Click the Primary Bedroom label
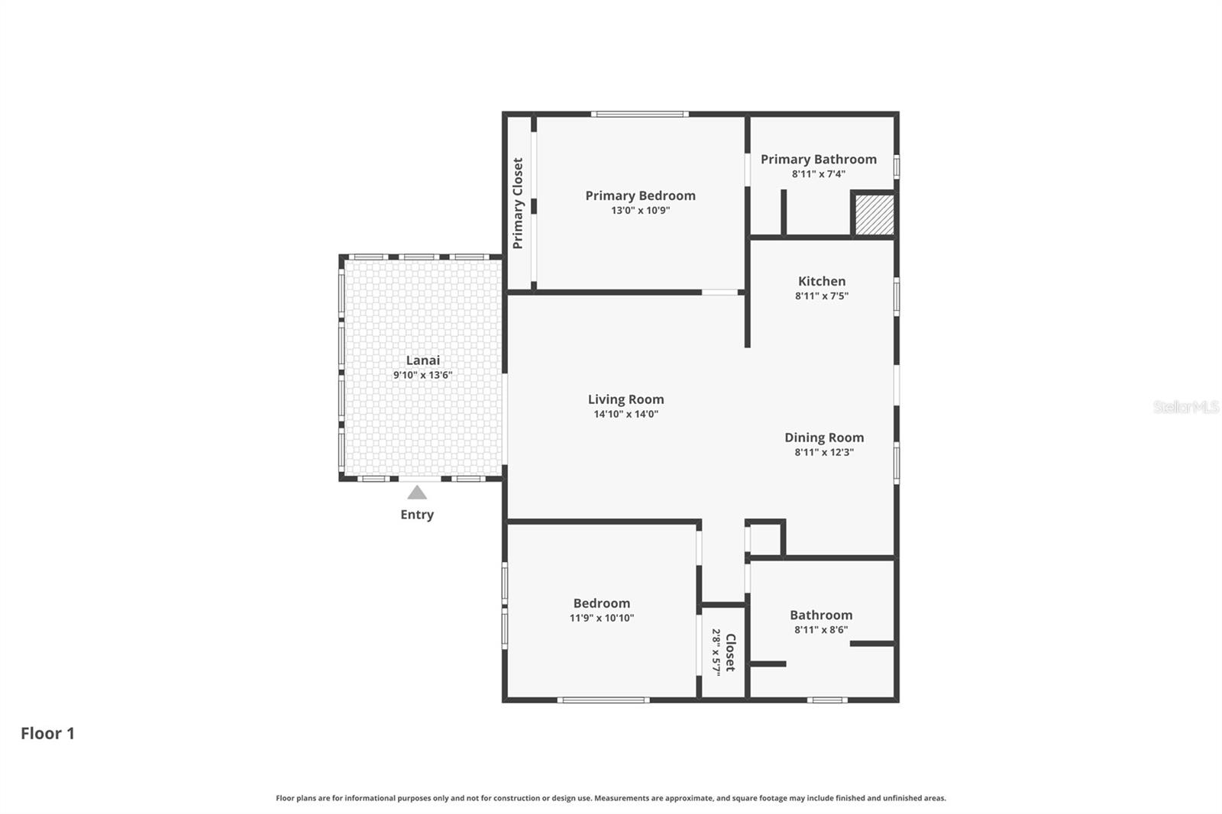640,195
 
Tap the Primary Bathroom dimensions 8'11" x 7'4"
818,174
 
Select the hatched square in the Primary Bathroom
874,215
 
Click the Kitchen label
822,281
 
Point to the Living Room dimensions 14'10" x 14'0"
626,415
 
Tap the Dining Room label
824,438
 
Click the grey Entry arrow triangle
417,493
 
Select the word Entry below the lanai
417,515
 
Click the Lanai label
422,360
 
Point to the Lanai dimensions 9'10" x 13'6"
422,376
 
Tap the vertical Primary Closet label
518,203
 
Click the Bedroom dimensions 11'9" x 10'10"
601,619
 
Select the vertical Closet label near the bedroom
730,651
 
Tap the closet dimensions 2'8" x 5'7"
716,651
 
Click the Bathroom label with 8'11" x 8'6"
821,615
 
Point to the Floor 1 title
47,733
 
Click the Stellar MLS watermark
1185,407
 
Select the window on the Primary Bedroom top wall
639,115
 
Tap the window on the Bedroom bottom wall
603,699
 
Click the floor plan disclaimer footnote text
610,798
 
